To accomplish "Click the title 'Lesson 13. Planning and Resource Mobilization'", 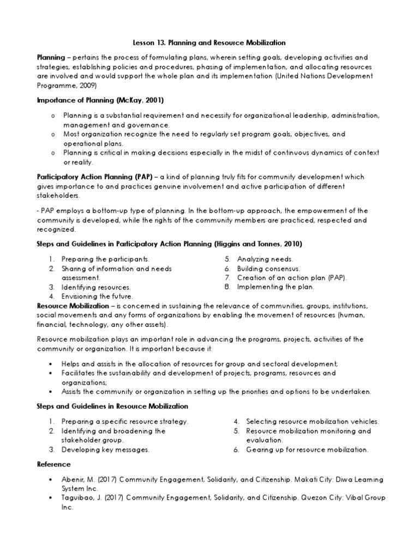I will pyautogui.click(x=209, y=42).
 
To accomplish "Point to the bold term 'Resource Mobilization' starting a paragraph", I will pyautogui.click(x=73, y=306).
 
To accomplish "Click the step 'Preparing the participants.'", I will pyautogui.click(x=105, y=259).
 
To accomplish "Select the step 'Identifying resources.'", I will pyautogui.click(x=96, y=287).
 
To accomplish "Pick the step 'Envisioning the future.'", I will pyautogui.click(x=97, y=296).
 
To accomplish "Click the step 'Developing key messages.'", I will pyautogui.click(x=105, y=450).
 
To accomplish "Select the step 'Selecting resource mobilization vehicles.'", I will pyautogui.click(x=312, y=422).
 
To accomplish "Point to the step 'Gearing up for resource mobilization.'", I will pyautogui.click(x=307, y=450).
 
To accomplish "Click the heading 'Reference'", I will pyautogui.click(x=53, y=464).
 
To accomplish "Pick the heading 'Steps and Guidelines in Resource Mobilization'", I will pyautogui.click(x=112, y=407).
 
